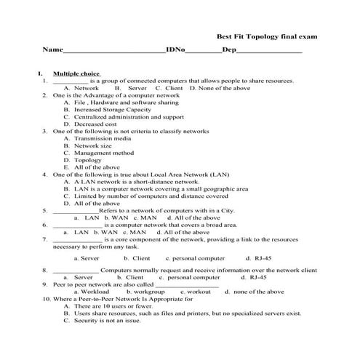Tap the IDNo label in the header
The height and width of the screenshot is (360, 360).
click(x=175, y=51)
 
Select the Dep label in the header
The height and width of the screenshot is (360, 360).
click(x=228, y=51)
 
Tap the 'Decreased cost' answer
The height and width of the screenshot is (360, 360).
click(x=95, y=124)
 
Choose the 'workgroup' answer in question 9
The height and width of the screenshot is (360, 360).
click(x=145, y=292)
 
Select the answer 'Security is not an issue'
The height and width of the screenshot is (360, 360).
click(x=108, y=320)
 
